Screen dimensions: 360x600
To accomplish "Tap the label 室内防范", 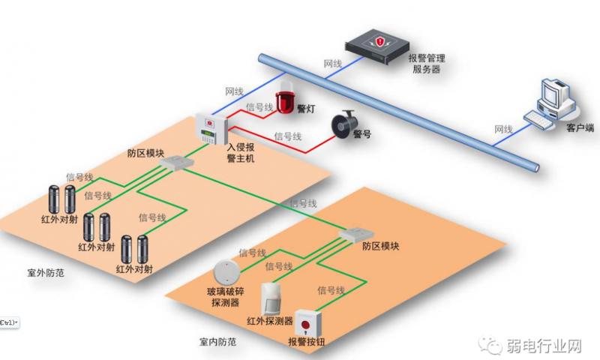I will point(218,342).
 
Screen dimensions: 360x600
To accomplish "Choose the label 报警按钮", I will point(307,342).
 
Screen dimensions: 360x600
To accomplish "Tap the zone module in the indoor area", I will point(351,236).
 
